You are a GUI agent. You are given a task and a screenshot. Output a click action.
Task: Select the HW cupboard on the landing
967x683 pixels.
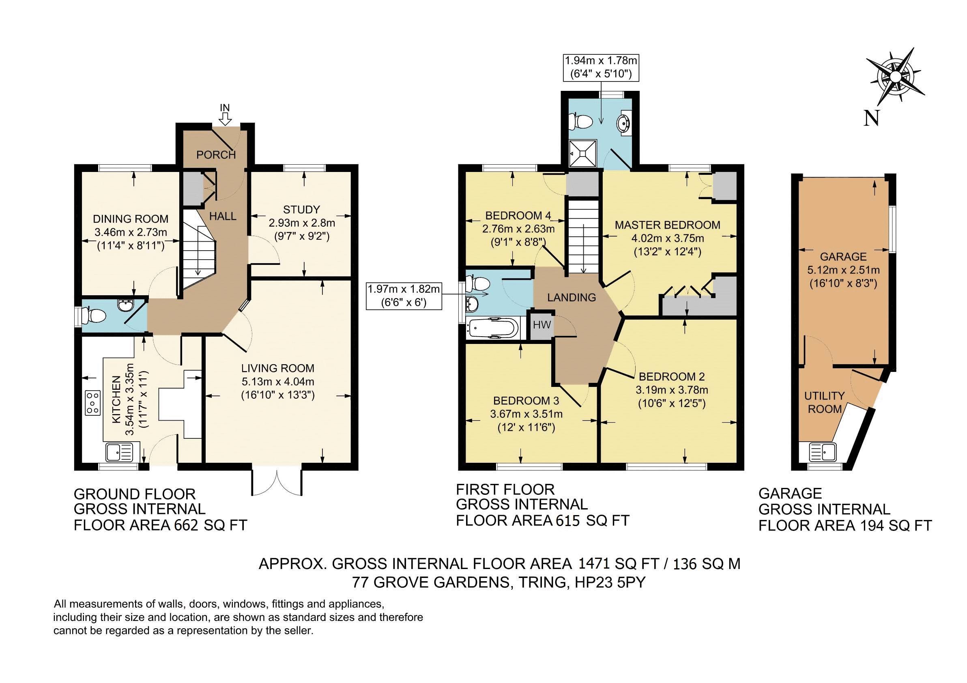(542, 324)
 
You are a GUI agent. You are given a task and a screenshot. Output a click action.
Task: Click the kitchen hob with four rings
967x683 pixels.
(93, 403)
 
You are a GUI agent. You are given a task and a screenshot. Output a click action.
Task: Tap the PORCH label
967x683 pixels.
(216, 155)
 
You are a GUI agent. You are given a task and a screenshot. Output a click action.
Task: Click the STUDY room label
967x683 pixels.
(301, 210)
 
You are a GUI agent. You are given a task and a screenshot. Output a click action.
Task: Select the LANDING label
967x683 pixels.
(572, 297)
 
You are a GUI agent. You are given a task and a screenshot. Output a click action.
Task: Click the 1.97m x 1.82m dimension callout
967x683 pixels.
(404, 296)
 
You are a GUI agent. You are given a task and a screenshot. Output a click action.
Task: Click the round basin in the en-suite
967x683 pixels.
(623, 123)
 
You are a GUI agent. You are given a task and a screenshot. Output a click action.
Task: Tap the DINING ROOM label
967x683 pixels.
(131, 219)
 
